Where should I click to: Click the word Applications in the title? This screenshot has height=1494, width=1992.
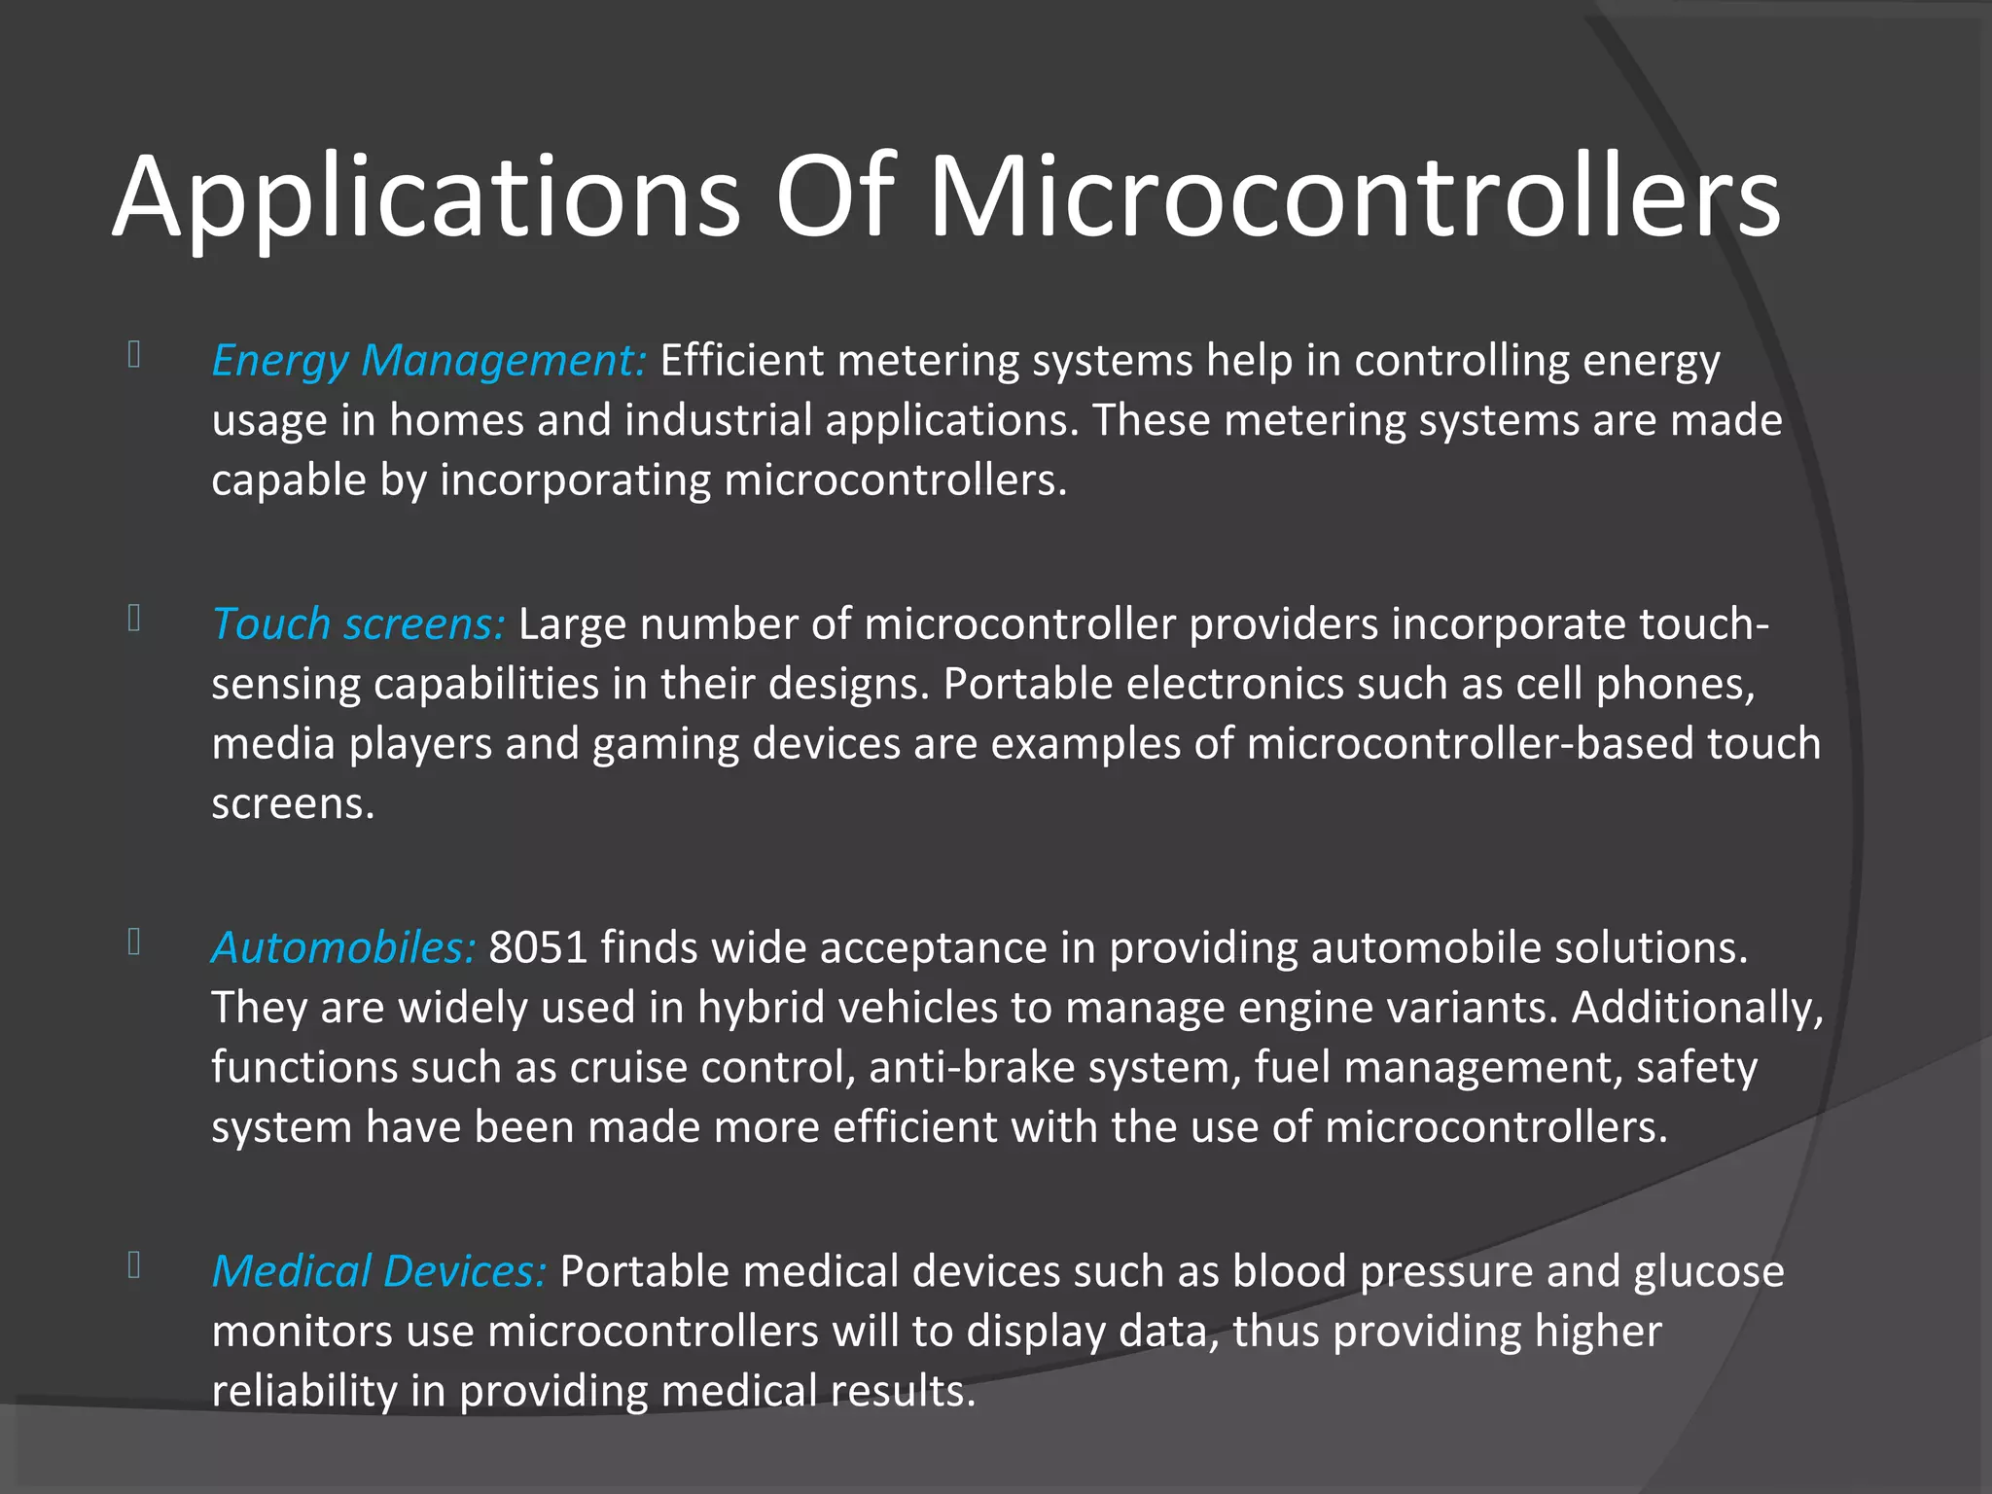426,199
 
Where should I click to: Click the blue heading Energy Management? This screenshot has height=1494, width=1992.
429,361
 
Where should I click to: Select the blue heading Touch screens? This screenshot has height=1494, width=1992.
358,624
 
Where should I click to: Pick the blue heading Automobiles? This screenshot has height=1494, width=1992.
343,948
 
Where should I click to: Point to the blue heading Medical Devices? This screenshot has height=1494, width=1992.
379,1272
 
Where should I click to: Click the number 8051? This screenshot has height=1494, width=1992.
538,948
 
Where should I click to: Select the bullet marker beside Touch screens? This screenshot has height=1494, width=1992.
134,619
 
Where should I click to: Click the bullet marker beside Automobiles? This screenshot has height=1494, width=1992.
134,942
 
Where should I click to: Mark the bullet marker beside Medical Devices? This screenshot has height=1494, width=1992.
134,1265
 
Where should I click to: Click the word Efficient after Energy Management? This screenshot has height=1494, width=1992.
742,361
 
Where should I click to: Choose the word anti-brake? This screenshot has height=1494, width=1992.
972,1068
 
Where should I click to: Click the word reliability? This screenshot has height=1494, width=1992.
304,1392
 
